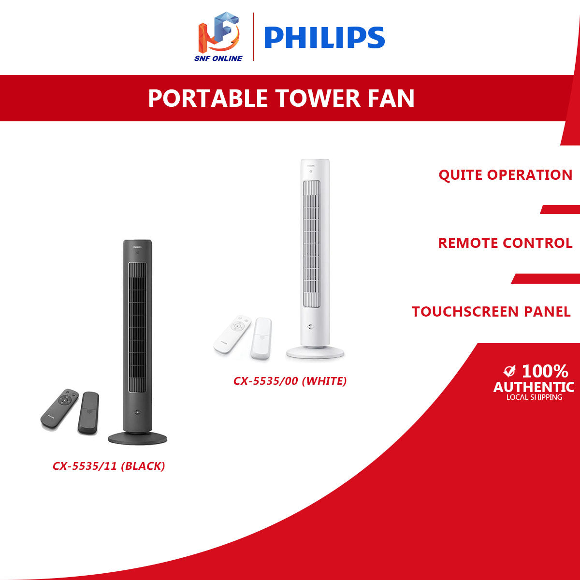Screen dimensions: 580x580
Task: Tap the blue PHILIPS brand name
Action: click(x=324, y=38)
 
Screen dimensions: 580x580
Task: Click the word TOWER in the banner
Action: click(x=318, y=98)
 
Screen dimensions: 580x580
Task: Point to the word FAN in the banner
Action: click(x=391, y=98)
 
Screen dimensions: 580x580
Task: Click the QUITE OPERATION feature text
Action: click(x=505, y=174)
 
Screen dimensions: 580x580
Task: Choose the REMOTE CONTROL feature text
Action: click(x=505, y=243)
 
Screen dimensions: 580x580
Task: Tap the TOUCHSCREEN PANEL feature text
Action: click(x=491, y=311)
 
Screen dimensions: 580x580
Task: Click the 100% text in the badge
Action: click(x=545, y=371)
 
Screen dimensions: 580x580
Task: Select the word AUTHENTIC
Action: click(x=534, y=387)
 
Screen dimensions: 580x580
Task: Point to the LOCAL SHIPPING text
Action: click(x=534, y=397)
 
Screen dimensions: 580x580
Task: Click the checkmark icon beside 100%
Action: click(x=509, y=371)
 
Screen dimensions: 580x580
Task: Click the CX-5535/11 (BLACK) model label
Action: click(x=109, y=466)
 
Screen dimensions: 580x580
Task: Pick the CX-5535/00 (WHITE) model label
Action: click(x=290, y=381)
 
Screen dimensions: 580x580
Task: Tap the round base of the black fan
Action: click(x=138, y=438)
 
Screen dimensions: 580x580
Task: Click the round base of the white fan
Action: click(x=315, y=352)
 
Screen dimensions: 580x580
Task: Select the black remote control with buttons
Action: click(x=59, y=407)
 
